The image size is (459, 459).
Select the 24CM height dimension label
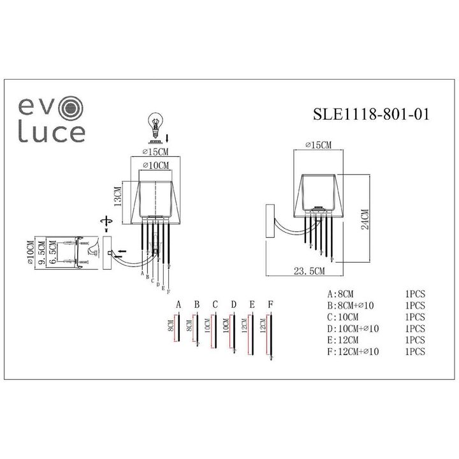[x=365, y=220]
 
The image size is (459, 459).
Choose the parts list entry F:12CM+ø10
[x=353, y=351]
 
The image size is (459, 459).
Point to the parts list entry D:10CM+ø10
[x=353, y=328]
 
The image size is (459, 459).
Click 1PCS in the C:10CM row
[x=414, y=317]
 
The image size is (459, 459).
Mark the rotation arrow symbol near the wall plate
[x=106, y=220]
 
